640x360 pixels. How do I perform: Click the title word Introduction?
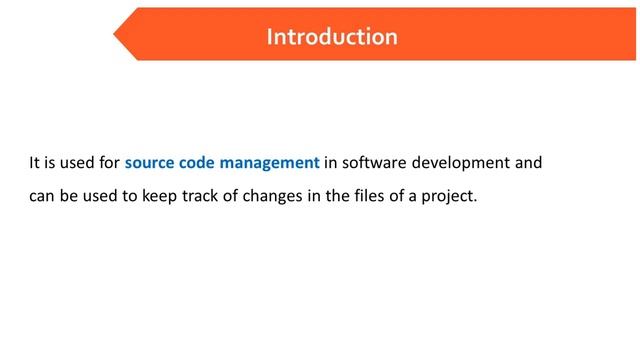[332, 37]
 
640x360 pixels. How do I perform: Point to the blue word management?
[273, 161]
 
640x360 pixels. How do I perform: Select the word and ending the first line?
[527, 161]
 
